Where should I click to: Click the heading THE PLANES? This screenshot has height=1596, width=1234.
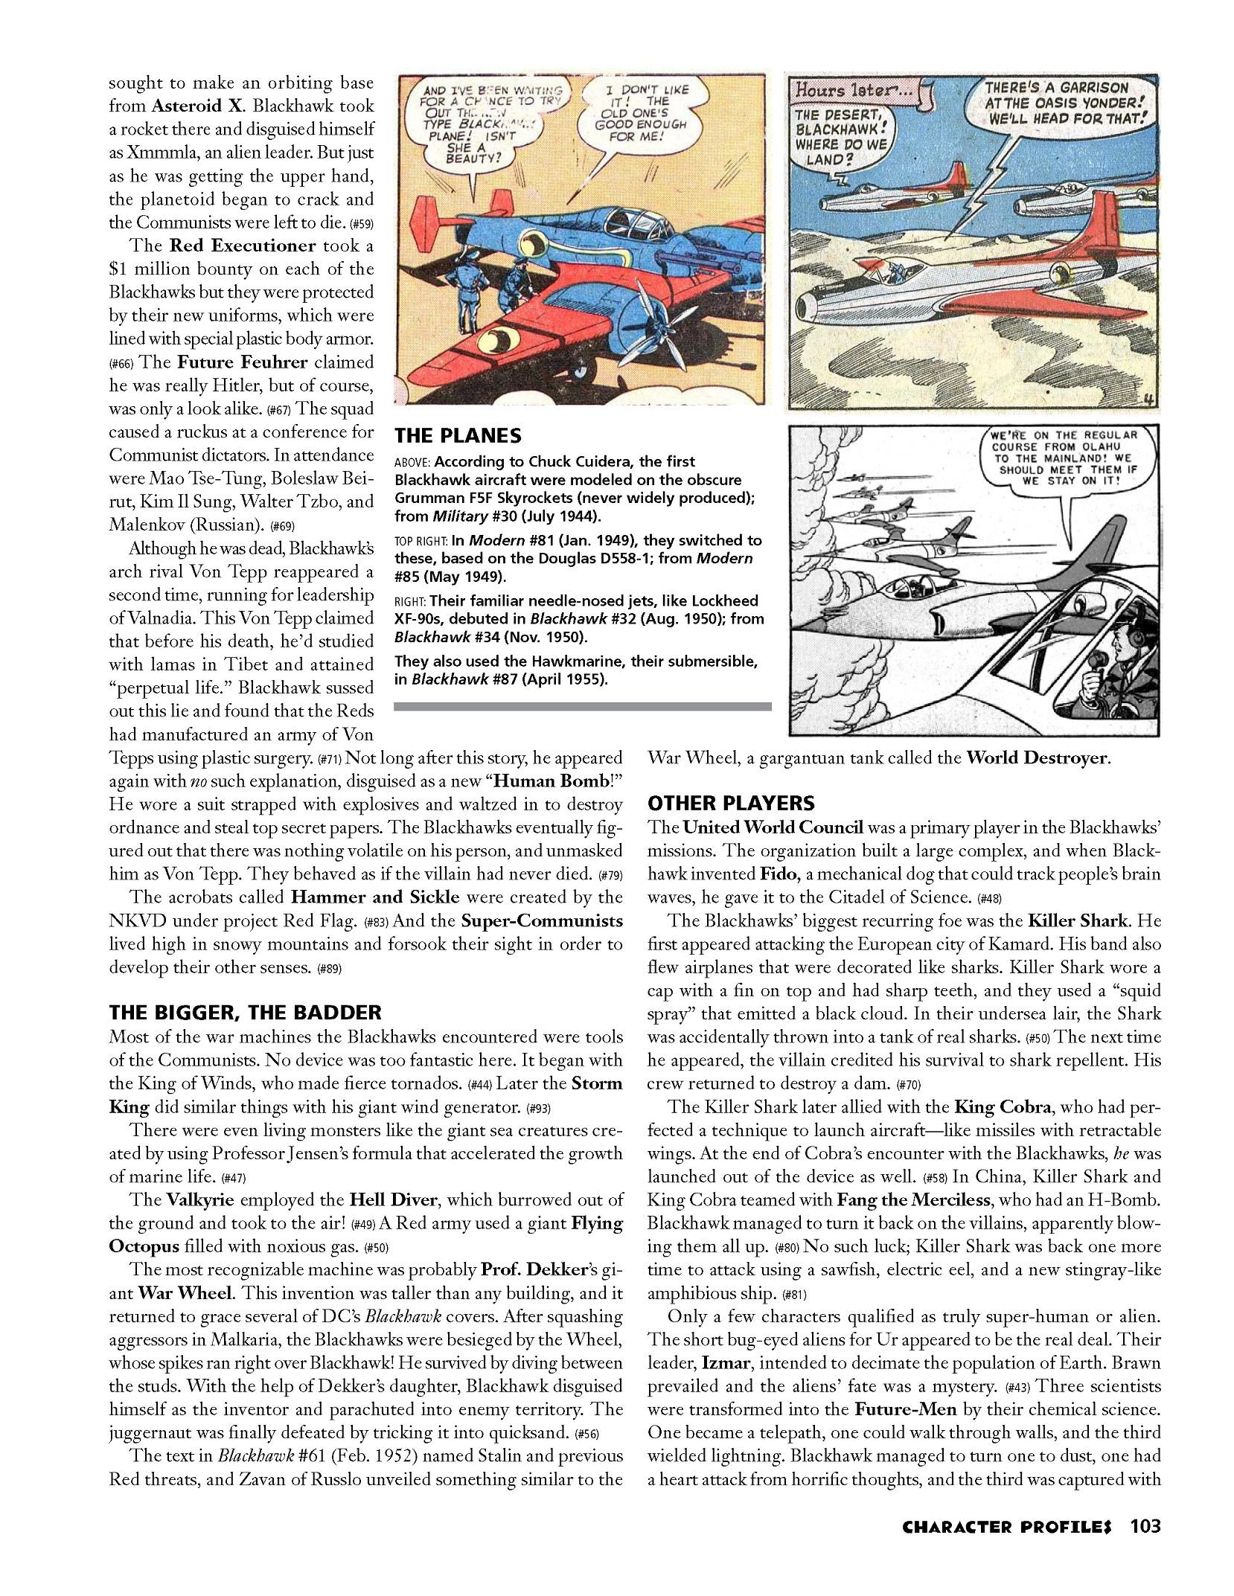[457, 435]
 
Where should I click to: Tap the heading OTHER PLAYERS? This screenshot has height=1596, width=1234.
[731, 803]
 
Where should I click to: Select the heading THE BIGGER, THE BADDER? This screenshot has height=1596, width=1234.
[245, 1012]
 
